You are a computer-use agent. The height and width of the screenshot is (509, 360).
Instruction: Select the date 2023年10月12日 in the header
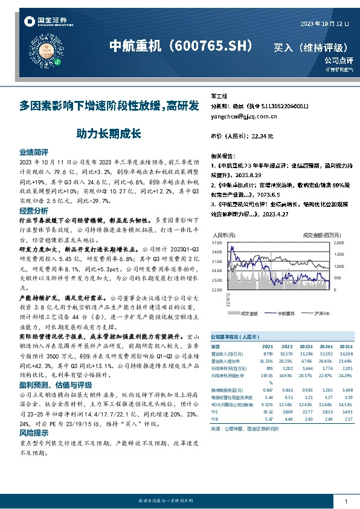[x=325, y=24]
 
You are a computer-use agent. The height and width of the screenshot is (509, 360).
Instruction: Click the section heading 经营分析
[x=33, y=211]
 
